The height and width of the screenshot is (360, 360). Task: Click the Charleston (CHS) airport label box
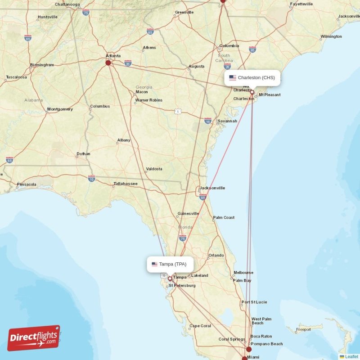(252, 78)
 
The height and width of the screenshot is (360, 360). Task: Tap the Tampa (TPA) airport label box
(169, 264)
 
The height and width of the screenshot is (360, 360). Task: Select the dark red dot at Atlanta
(108, 63)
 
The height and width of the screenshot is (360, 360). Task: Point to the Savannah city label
(227, 121)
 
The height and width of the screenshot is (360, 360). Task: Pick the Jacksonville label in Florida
(212, 188)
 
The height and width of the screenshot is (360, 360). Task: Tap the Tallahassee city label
(125, 184)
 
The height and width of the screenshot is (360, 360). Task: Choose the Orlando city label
(216, 256)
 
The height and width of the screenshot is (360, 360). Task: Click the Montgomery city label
(60, 109)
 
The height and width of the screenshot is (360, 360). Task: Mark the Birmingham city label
(42, 65)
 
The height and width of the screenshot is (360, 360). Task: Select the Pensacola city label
(26, 184)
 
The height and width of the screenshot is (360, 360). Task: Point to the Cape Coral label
(200, 326)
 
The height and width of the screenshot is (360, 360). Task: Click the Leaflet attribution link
(351, 356)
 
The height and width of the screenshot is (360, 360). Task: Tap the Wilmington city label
(331, 36)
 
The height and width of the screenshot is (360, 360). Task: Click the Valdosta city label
(154, 169)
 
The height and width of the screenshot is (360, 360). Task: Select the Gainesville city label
(188, 213)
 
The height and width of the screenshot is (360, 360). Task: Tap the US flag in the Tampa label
(154, 264)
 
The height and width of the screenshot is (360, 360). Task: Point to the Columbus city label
(99, 107)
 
